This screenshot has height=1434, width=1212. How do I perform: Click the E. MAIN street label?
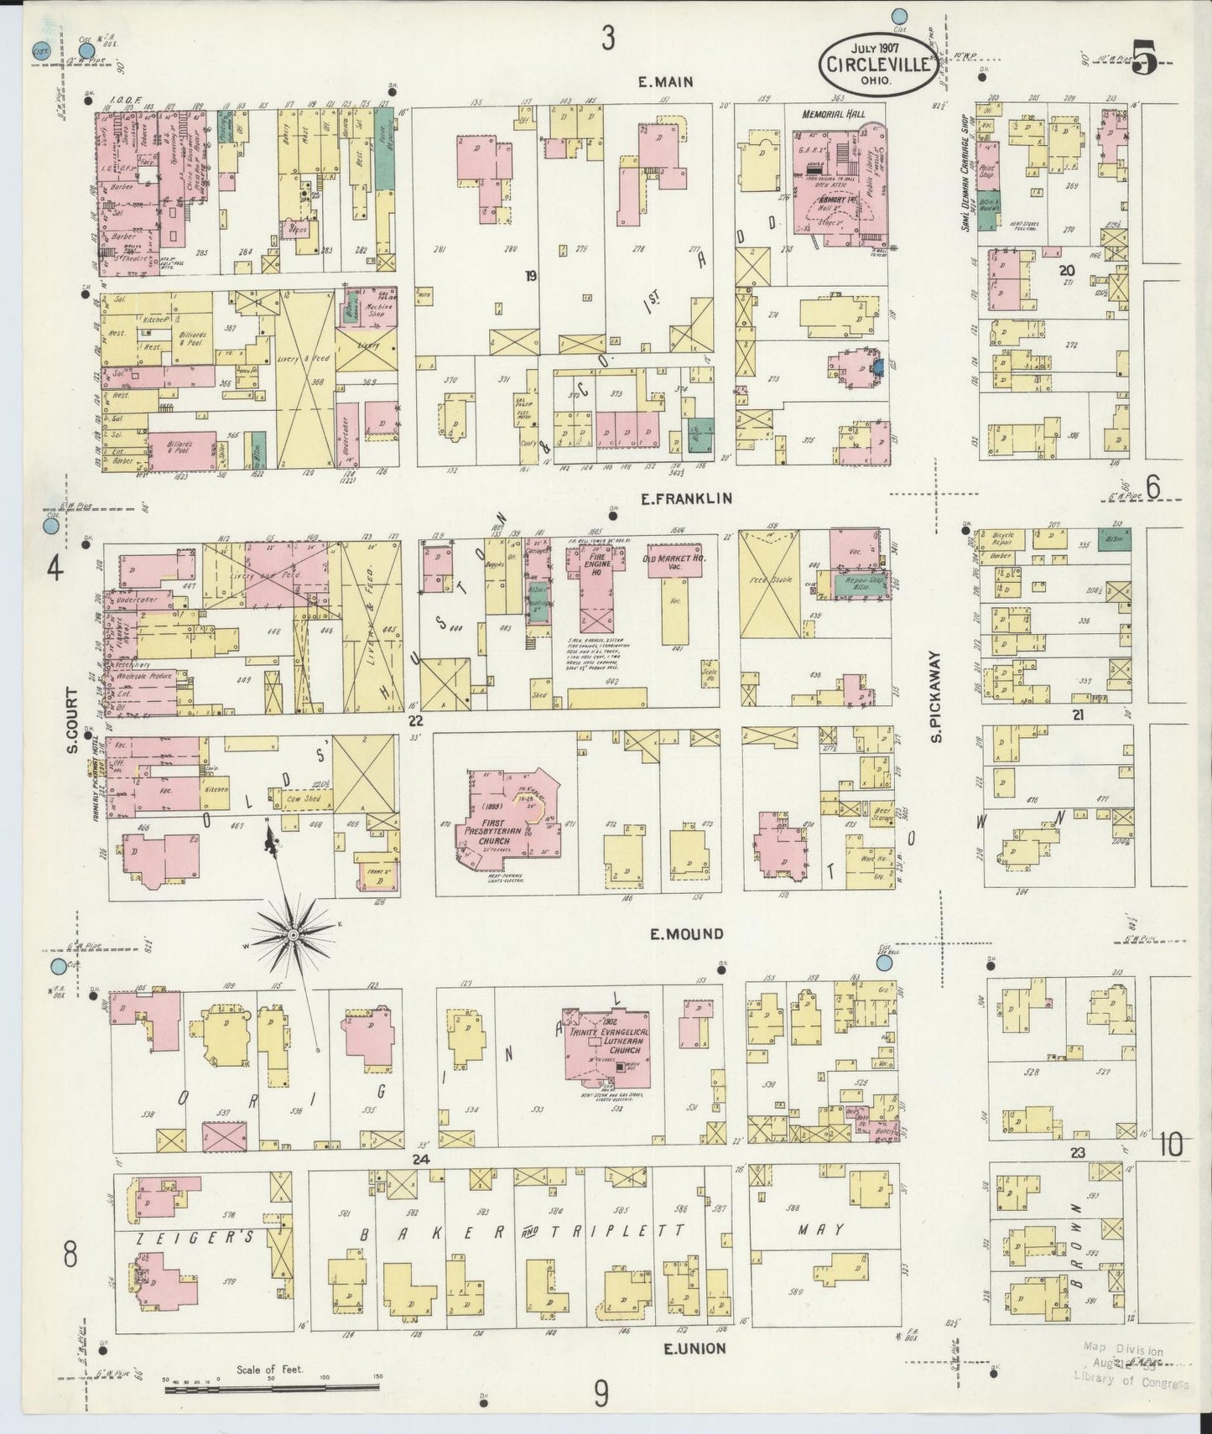pyautogui.click(x=666, y=81)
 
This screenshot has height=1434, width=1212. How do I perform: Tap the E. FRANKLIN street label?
pyautogui.click(x=686, y=498)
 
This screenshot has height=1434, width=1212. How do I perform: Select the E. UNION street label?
pyautogui.click(x=694, y=1348)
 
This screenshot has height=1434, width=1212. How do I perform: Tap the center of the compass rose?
pyautogui.click(x=294, y=934)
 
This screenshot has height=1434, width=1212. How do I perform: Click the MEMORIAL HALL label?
pyautogui.click(x=832, y=114)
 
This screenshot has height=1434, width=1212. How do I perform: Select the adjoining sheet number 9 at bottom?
pyautogui.click(x=601, y=1394)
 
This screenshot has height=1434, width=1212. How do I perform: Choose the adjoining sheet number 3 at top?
pyautogui.click(x=607, y=38)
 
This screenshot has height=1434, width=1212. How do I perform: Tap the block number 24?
pyautogui.click(x=419, y=1158)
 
